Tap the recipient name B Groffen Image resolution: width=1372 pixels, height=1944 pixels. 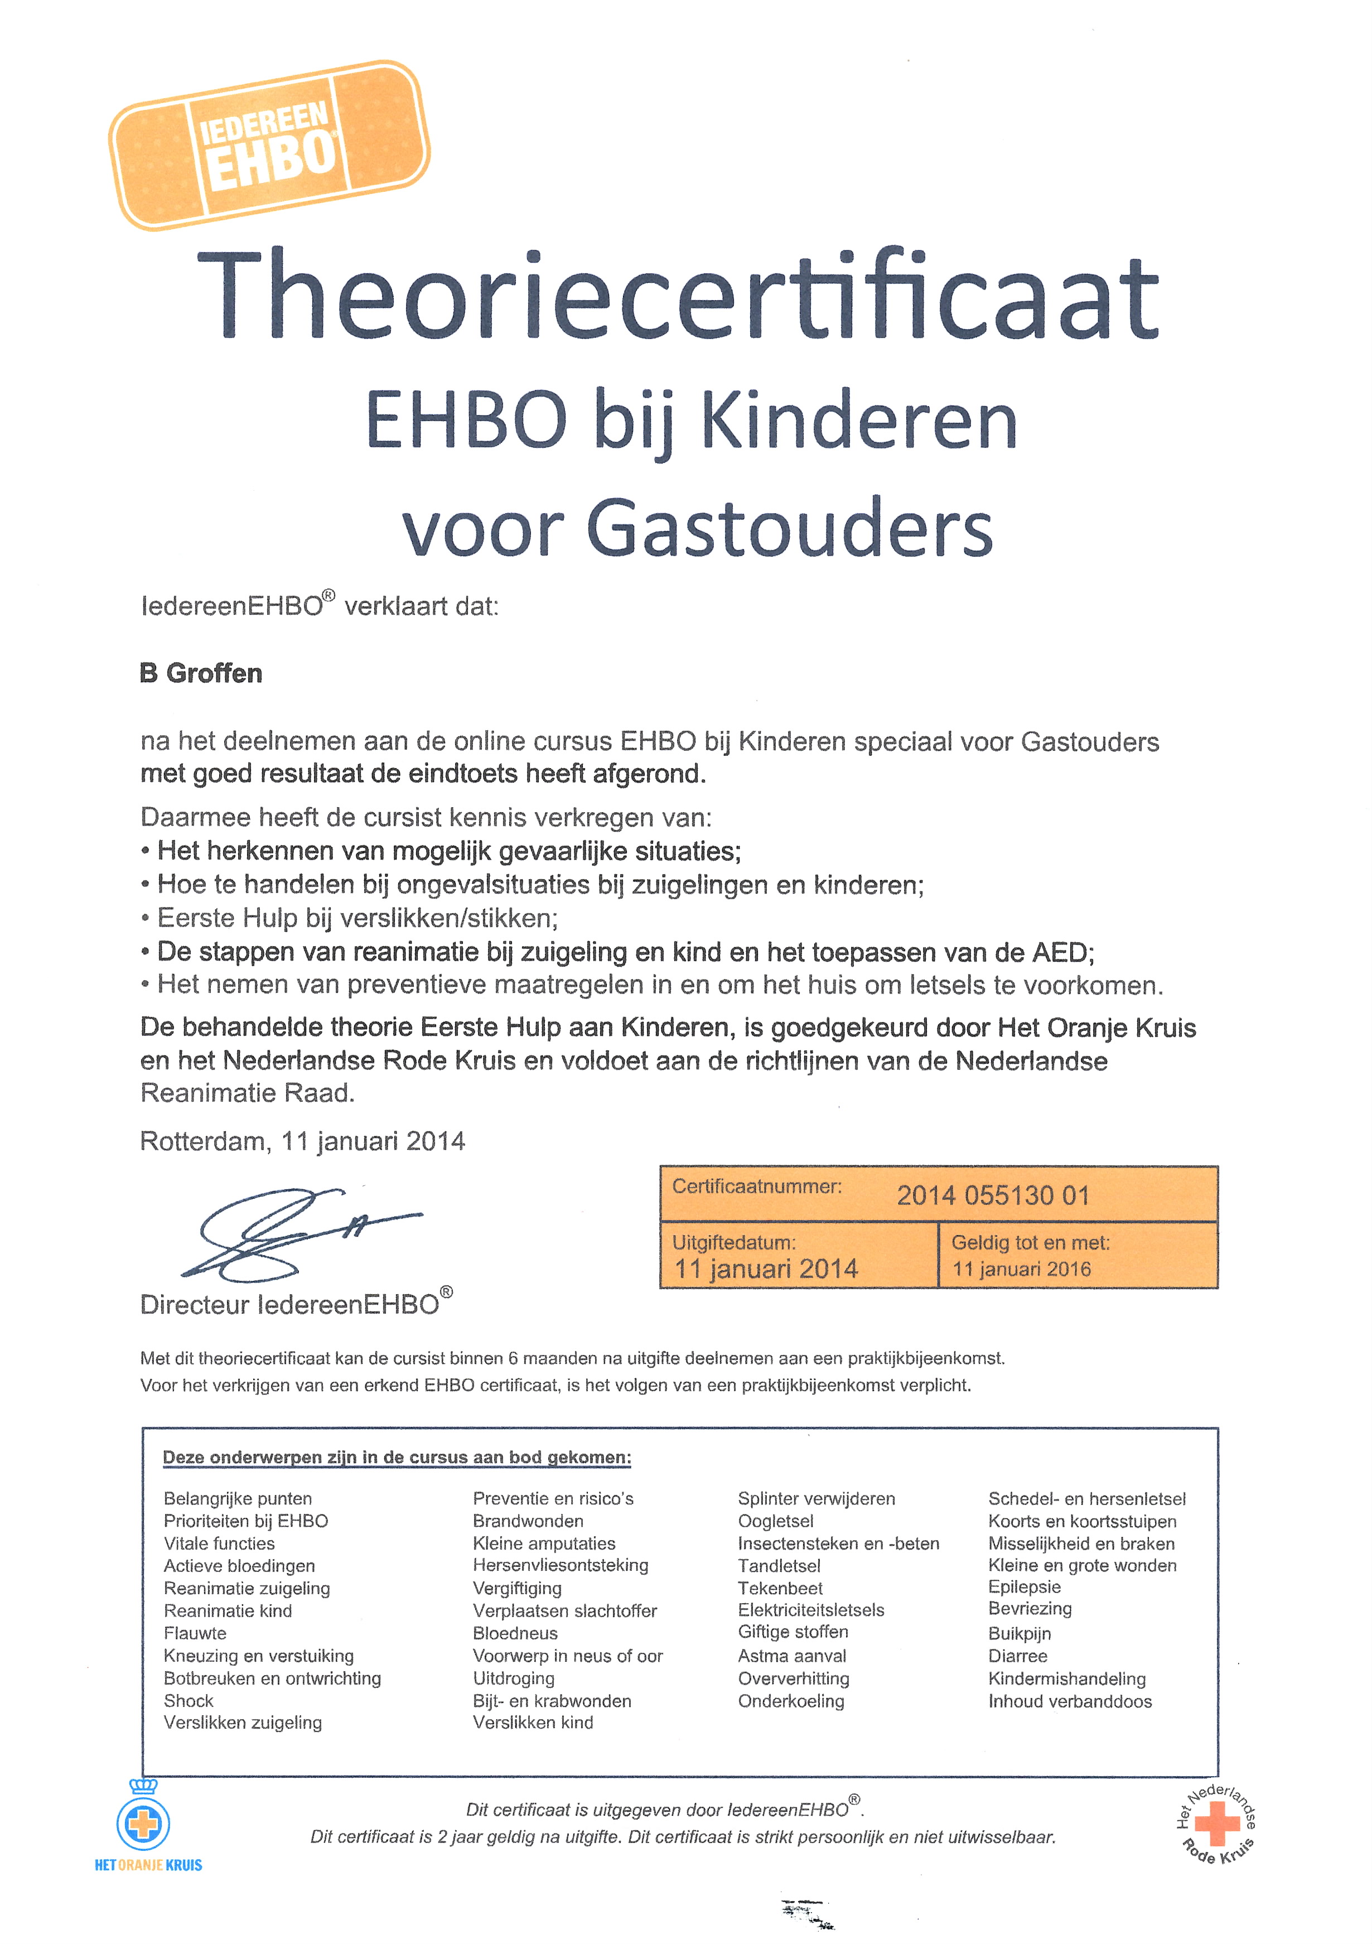(201, 673)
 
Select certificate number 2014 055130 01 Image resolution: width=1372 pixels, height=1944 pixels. (992, 1195)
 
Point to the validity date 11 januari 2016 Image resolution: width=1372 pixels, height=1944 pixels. (1022, 1269)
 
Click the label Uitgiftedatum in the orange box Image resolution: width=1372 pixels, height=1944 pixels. (734, 1243)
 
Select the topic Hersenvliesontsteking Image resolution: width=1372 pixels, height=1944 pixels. (561, 1566)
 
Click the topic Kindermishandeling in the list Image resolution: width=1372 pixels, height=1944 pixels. (1066, 1678)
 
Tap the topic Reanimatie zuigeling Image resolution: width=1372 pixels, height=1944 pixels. (247, 1589)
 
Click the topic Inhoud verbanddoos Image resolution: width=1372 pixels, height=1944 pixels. (1070, 1701)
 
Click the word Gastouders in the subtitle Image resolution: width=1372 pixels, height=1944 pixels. (789, 528)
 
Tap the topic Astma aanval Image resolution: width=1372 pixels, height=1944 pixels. (791, 1655)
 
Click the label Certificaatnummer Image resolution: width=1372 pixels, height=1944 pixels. (757, 1187)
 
